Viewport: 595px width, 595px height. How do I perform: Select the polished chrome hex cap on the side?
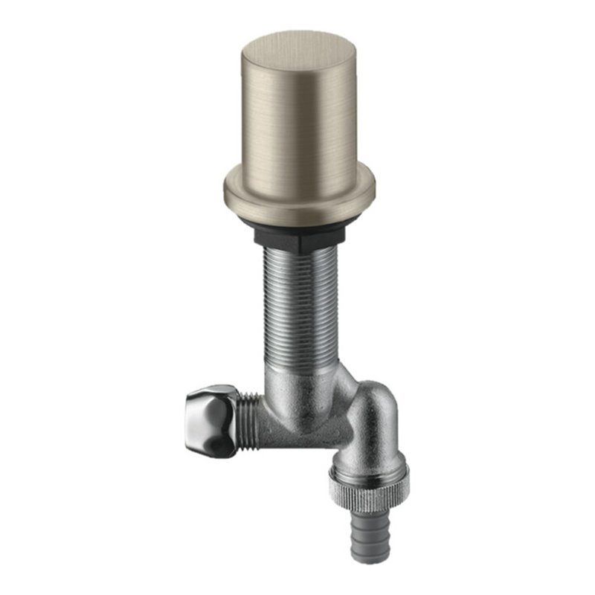click(x=212, y=419)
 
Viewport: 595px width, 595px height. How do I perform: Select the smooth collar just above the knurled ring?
click(x=369, y=466)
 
